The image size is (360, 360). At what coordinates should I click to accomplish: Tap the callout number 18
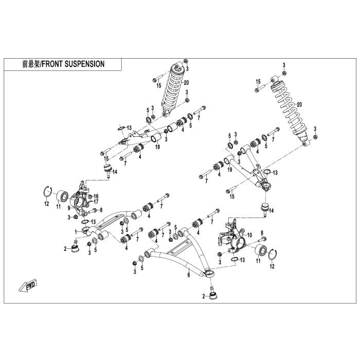tap(157, 147)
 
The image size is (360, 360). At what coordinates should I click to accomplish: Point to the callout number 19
tap(230, 169)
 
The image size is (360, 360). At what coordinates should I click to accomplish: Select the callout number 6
tap(189, 276)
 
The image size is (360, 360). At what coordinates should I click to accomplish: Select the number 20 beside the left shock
tap(186, 82)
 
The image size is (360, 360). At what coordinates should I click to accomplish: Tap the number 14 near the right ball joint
tap(271, 211)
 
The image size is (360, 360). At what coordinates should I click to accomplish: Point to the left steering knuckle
tap(85, 197)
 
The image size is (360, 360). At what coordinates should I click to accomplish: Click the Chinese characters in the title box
tap(31, 64)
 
